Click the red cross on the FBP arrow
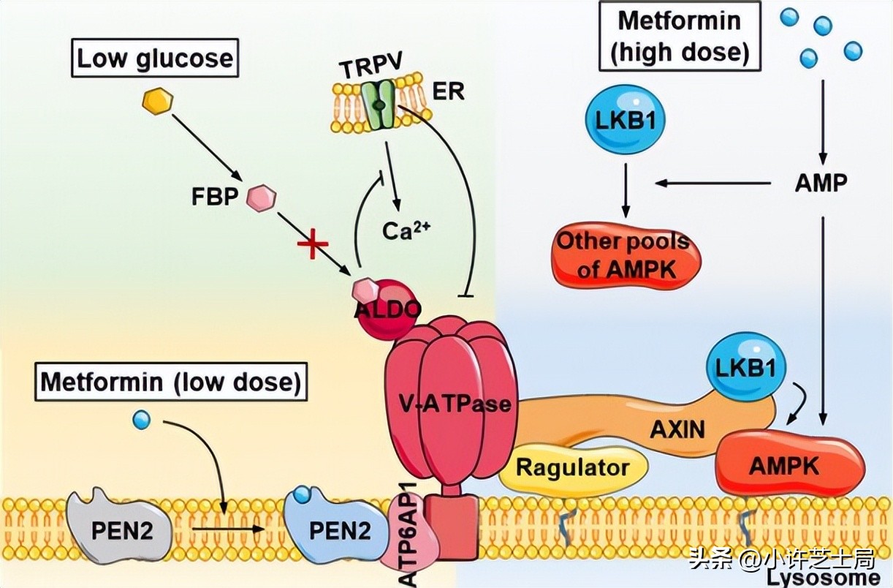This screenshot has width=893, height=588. (310, 247)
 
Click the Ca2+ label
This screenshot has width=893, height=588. (406, 230)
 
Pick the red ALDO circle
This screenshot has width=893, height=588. (387, 311)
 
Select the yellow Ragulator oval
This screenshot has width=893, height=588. (574, 467)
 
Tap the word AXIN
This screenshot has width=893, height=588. (678, 429)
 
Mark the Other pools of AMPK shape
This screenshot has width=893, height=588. (624, 257)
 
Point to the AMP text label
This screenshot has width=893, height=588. (821, 183)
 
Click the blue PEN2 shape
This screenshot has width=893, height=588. (337, 529)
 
